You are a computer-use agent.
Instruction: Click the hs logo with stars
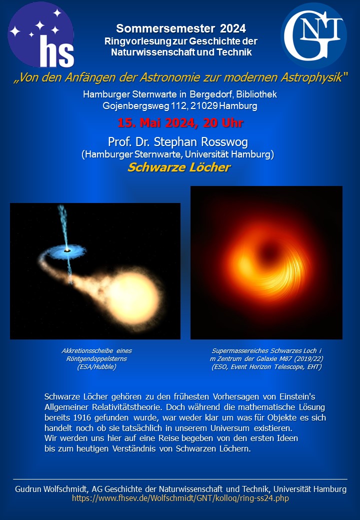pyautogui.click(x=41, y=34)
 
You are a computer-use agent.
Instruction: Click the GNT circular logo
pyautogui.click(x=313, y=35)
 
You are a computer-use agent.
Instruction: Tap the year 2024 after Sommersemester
pyautogui.click(x=233, y=29)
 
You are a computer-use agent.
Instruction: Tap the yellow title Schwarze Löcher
pyautogui.click(x=179, y=167)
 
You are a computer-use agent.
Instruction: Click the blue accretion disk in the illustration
pyautogui.click(x=67, y=251)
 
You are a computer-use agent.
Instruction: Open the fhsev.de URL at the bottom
pyautogui.click(x=180, y=498)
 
